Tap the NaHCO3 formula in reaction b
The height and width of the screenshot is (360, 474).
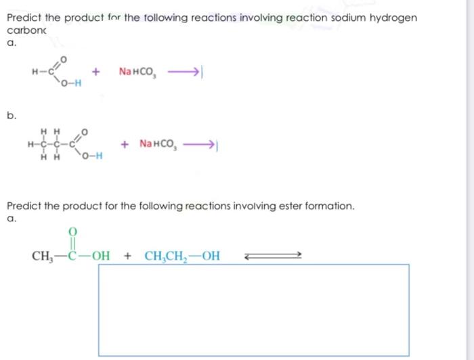[x=158, y=143]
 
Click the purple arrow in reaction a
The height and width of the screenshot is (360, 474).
[x=181, y=71]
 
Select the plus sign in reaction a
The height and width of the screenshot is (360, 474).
[x=98, y=71]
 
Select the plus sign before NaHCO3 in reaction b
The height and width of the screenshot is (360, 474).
[x=124, y=143]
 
